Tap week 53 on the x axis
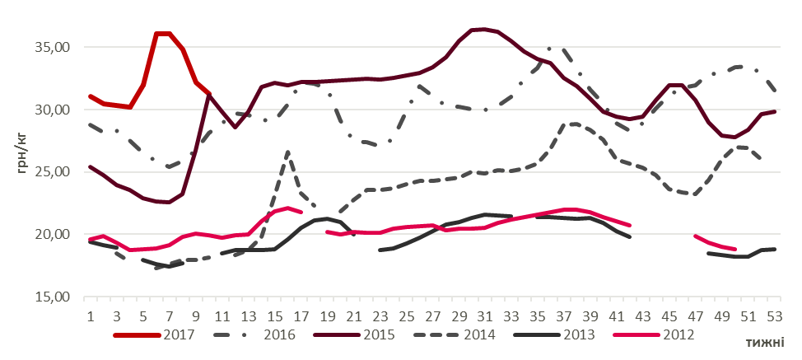point(775,316)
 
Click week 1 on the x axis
point(89,316)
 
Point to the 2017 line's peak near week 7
point(163,34)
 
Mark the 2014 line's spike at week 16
point(287,152)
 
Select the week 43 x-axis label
point(642,316)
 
